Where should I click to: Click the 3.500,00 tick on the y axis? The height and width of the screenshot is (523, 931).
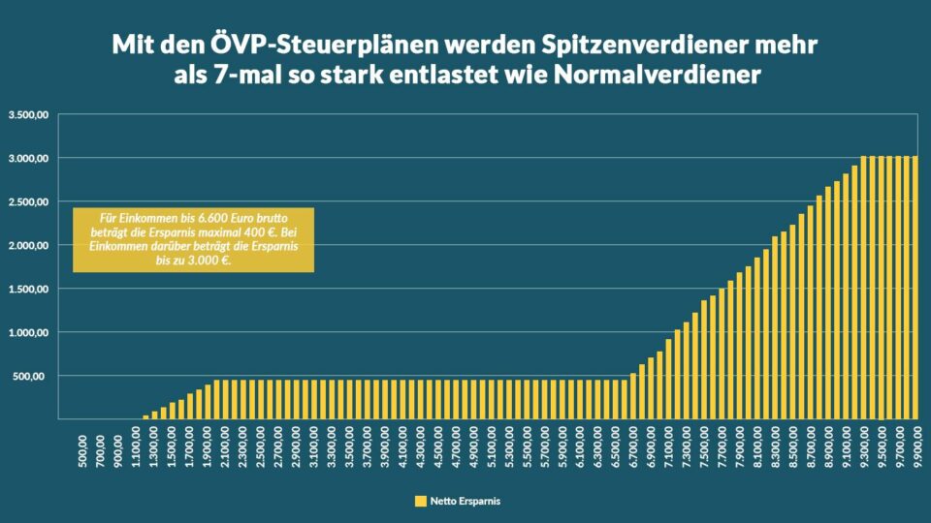[29, 114]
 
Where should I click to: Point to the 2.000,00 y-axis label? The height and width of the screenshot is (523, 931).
[29, 245]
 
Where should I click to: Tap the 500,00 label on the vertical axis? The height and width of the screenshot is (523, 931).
[35, 376]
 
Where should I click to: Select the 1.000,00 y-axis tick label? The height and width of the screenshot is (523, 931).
[29, 332]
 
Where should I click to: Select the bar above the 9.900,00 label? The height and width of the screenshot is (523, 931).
[915, 287]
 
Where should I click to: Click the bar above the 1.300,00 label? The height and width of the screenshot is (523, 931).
[155, 415]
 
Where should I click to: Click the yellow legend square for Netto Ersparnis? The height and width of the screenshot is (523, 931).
[420, 501]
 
